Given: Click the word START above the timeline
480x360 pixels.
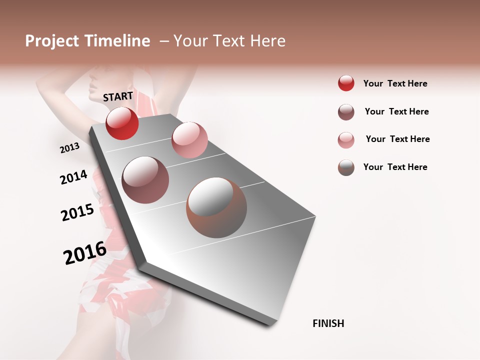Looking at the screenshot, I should (118, 96).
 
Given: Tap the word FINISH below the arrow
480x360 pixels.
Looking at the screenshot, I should (328, 323).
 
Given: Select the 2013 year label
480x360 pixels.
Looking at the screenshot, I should (69, 148).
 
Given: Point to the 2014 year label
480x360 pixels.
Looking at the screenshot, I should (73, 177).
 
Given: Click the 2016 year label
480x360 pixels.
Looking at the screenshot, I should (85, 252).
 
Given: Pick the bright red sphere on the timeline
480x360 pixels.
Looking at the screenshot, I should (122, 123).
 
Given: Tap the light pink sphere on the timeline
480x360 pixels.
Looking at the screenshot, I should (189, 140).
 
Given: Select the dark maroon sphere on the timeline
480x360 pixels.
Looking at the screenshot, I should (145, 180).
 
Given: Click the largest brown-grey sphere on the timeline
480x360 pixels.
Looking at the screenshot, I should (216, 207).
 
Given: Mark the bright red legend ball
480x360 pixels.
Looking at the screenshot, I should (346, 83).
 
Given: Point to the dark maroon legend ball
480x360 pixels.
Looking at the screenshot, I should (346, 112).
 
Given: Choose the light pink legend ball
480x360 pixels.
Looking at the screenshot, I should (346, 140).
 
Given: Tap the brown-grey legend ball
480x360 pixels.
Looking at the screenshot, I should (346, 167).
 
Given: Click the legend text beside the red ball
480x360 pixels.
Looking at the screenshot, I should (395, 83).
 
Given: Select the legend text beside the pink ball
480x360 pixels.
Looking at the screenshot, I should (397, 139).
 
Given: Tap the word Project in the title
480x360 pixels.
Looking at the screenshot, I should (52, 41).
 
